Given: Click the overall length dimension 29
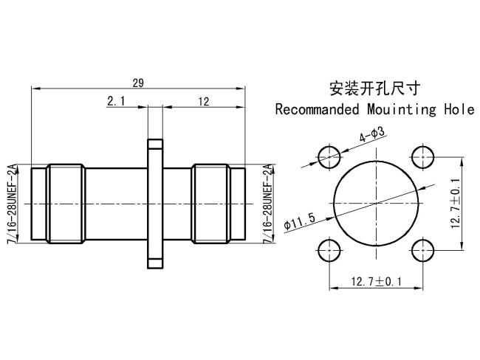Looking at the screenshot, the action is pyautogui.click(x=138, y=83).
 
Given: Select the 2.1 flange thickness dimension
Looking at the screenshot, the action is pyautogui.click(x=116, y=100).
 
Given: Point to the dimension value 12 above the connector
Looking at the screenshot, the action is pyautogui.click(x=203, y=101).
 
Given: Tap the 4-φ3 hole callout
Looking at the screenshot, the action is pyautogui.click(x=371, y=134).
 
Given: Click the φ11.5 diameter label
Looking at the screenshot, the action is pyautogui.click(x=299, y=221).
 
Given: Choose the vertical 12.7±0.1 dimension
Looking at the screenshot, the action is pyautogui.click(x=456, y=204).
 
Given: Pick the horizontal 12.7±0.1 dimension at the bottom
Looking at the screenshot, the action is pyautogui.click(x=376, y=281).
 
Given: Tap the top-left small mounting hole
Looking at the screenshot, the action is pyautogui.click(x=329, y=157).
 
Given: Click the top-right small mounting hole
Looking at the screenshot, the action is pyautogui.click(x=422, y=157).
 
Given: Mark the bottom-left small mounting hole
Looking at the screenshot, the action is pyautogui.click(x=329, y=251).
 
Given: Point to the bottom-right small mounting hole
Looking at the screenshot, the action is pyautogui.click(x=422, y=251).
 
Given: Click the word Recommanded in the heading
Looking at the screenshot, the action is pyautogui.click(x=317, y=109).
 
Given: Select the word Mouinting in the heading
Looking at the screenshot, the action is pyautogui.click(x=402, y=110).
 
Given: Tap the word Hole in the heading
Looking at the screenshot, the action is pyautogui.click(x=459, y=109).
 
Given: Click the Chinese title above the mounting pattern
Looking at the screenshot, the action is pyautogui.click(x=374, y=89).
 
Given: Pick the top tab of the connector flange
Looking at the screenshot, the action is pyautogui.click(x=155, y=144).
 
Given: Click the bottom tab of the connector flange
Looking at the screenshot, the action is pyautogui.click(x=155, y=263).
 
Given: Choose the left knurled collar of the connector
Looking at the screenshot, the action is pyautogui.click(x=66, y=204).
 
